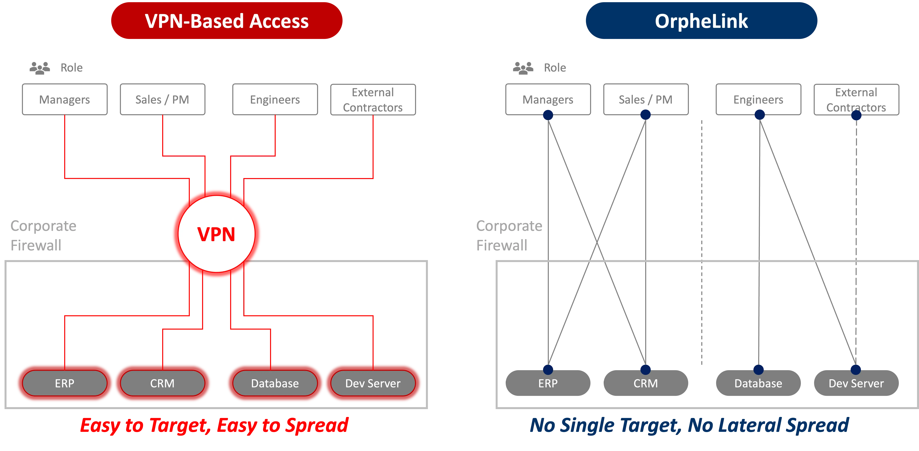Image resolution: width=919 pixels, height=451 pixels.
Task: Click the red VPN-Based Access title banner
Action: pyautogui.click(x=227, y=21)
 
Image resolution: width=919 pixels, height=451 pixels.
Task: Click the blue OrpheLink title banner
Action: pyautogui.click(x=701, y=21)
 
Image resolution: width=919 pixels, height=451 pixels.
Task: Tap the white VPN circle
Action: pyautogui.click(x=217, y=234)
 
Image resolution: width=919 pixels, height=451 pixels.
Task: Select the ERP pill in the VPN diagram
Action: pyautogui.click(x=65, y=383)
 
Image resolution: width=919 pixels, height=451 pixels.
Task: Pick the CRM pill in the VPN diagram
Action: pyautogui.click(x=162, y=383)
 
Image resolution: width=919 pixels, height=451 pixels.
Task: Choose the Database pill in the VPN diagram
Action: pyautogui.click(x=275, y=383)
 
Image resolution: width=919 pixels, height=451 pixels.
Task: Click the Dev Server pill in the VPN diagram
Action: pyautogui.click(x=373, y=383)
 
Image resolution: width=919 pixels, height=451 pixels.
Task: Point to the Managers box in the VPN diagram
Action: pyautogui.click(x=65, y=99)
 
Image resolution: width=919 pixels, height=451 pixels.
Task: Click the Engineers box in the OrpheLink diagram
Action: pyautogui.click(x=758, y=99)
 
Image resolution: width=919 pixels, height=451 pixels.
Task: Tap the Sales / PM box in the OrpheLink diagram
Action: pyautogui.click(x=645, y=99)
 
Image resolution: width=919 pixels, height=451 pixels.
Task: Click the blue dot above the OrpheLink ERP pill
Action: pyautogui.click(x=548, y=369)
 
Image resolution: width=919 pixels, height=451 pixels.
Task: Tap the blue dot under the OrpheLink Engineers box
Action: pyautogui.click(x=760, y=115)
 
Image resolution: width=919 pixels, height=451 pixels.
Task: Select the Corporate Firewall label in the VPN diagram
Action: pyautogui.click(x=43, y=236)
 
